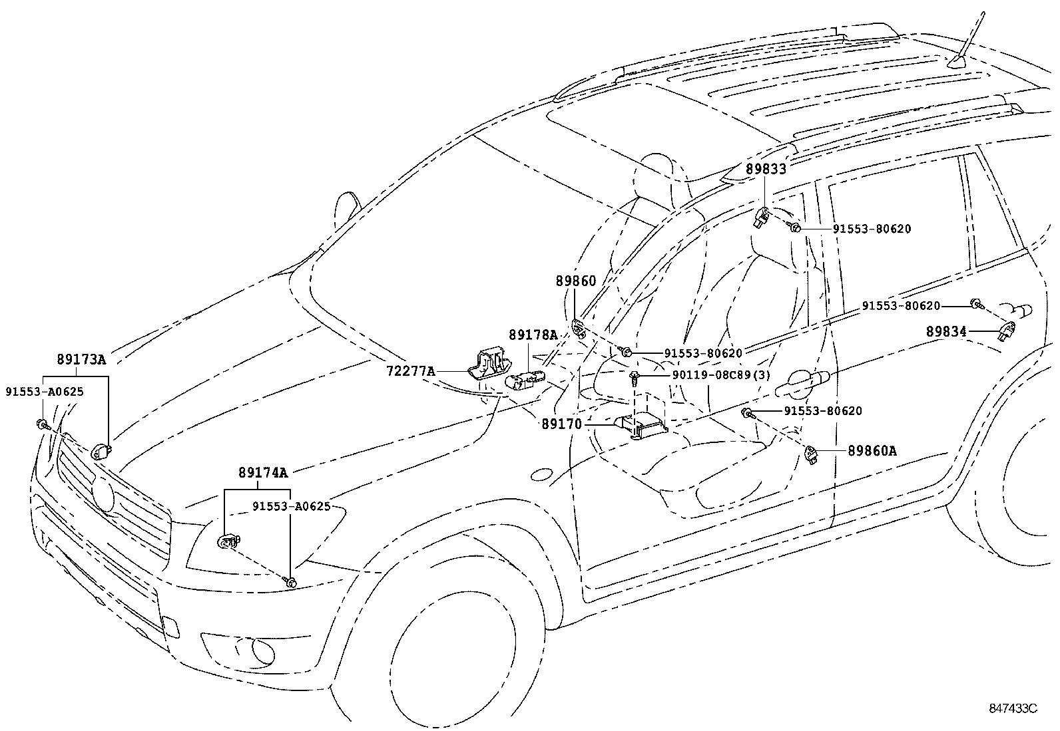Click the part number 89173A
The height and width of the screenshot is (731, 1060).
click(81, 360)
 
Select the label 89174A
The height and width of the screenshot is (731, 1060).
click(263, 473)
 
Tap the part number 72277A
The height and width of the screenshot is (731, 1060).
click(411, 370)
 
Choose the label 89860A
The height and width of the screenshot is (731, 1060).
click(872, 451)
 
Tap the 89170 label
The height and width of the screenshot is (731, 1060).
click(561, 424)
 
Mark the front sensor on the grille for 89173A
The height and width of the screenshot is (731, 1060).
click(101, 451)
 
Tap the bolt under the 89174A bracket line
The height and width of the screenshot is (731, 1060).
click(291, 582)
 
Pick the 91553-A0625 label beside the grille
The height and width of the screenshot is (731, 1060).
click(45, 391)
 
